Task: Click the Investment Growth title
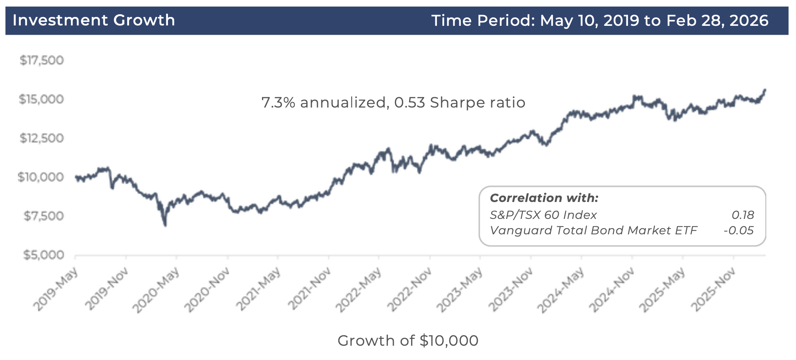(x=94, y=20)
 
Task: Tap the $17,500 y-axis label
(x=42, y=60)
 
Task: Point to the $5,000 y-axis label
(x=43, y=255)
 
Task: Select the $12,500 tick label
(x=42, y=138)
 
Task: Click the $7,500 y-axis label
(x=43, y=216)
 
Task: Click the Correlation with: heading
(x=544, y=198)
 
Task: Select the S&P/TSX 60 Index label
(x=543, y=215)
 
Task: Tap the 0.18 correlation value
(x=743, y=215)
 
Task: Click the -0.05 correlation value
(x=739, y=230)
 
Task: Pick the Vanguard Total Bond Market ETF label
(x=593, y=230)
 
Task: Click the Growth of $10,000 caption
(x=408, y=341)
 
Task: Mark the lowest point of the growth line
(x=165, y=225)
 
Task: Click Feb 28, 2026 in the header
(x=717, y=20)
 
